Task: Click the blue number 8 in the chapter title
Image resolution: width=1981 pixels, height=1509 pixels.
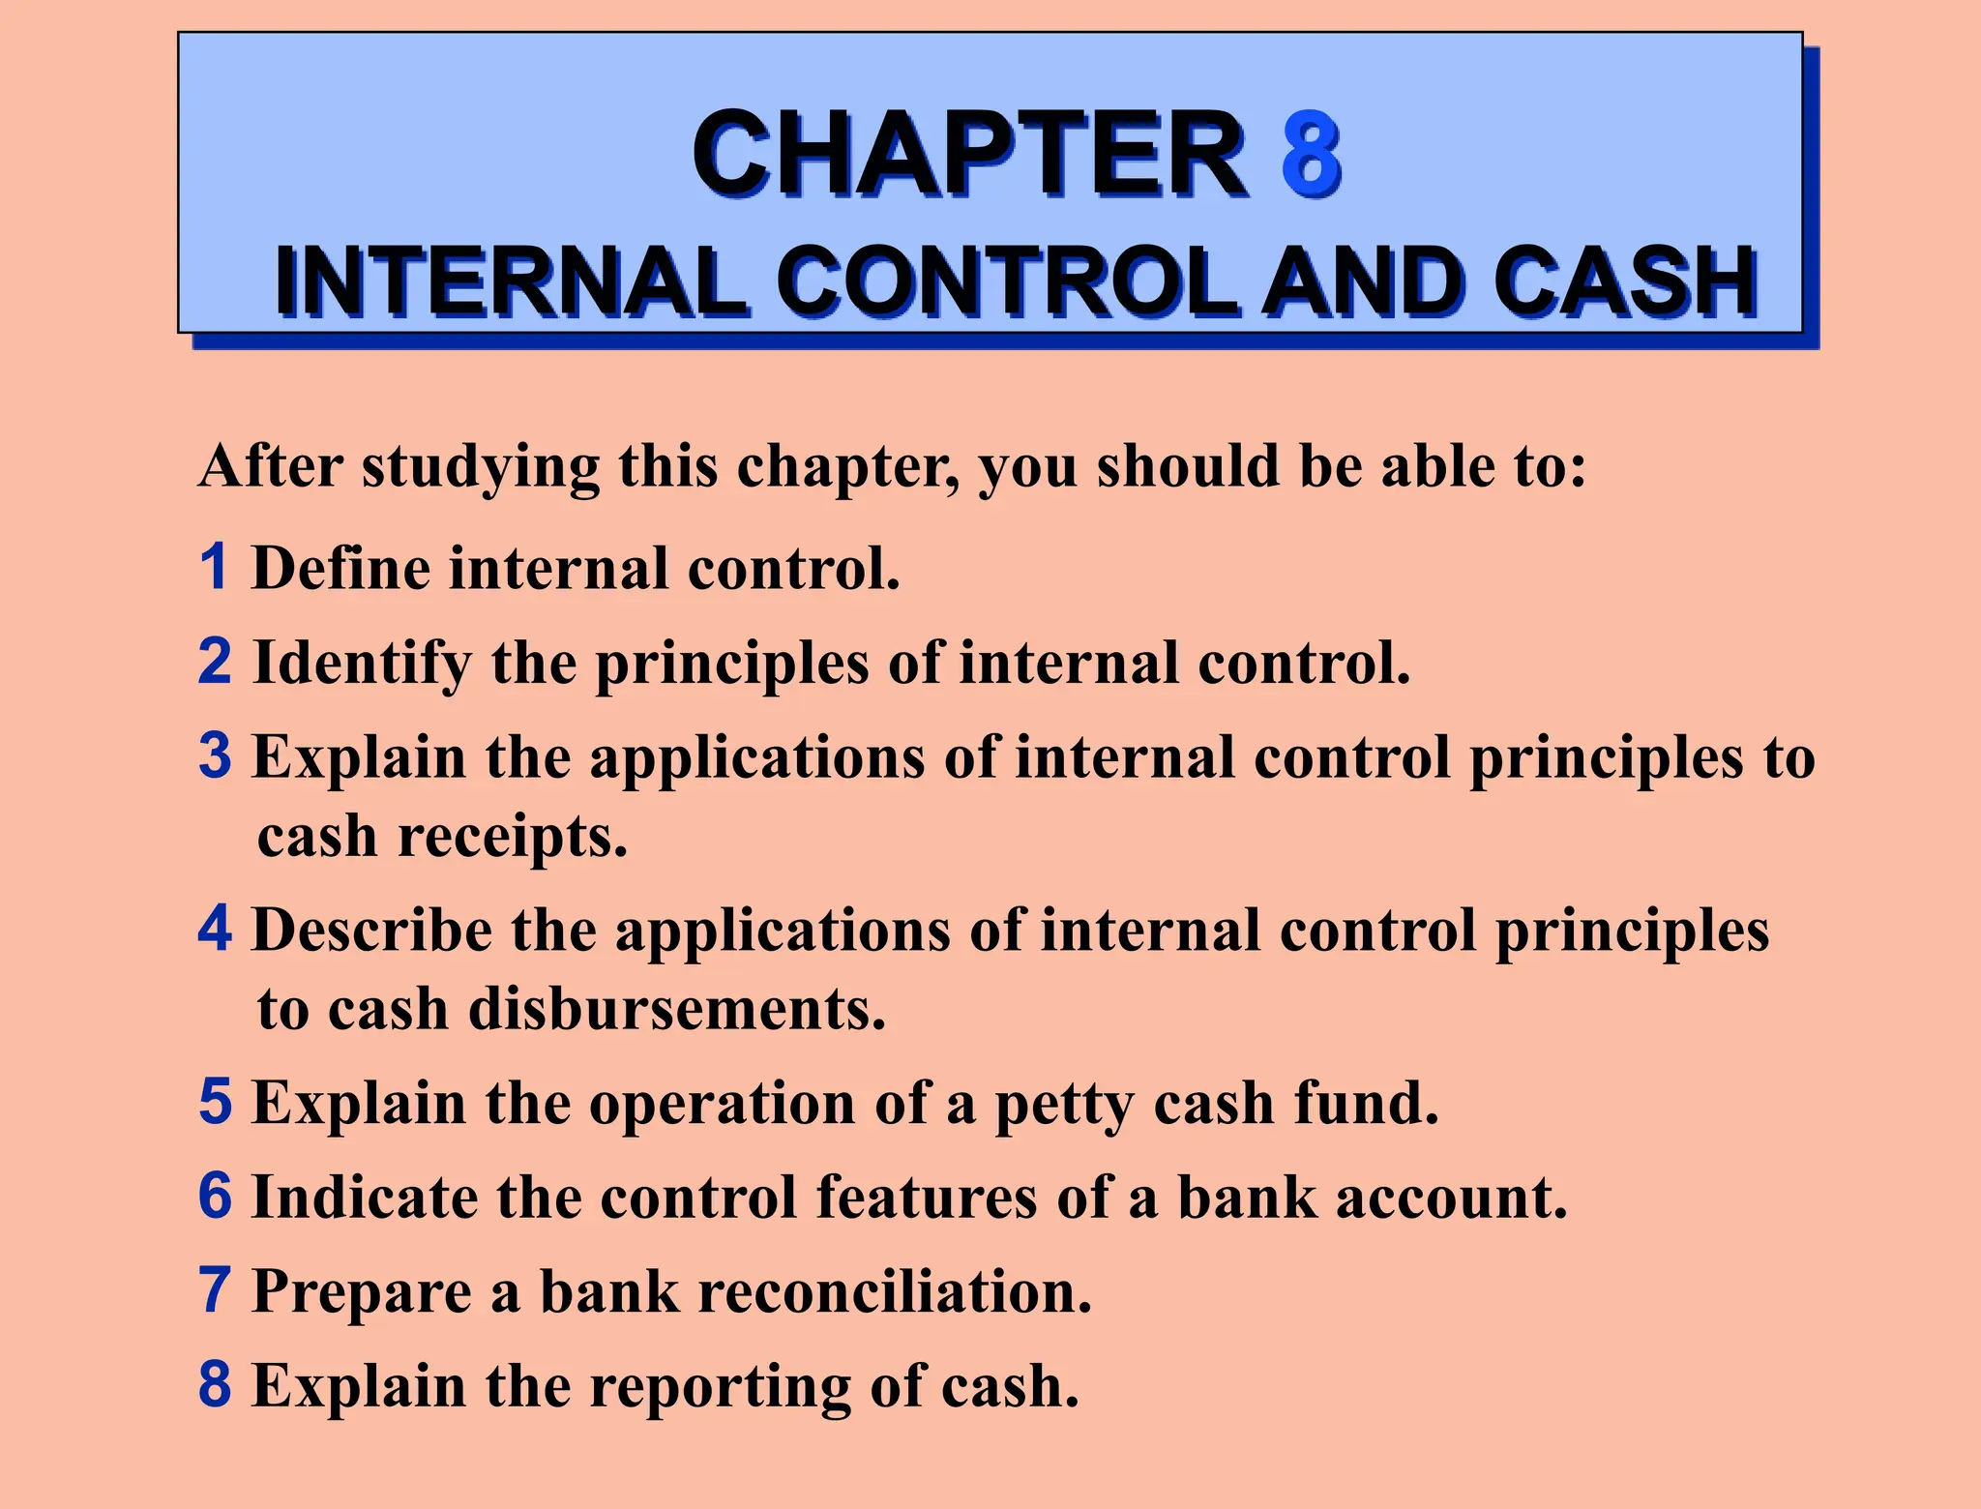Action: tap(1311, 155)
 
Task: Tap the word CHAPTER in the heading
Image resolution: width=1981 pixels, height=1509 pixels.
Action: tap(969, 155)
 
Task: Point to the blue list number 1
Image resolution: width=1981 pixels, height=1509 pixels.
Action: tap(214, 567)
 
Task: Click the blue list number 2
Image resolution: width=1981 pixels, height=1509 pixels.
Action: tap(215, 662)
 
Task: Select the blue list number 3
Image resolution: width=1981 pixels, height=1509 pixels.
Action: tap(215, 755)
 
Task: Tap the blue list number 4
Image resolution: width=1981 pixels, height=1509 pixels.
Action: tap(215, 929)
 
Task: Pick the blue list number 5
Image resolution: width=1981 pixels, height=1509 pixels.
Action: tap(215, 1102)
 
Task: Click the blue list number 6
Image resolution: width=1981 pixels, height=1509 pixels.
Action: tap(215, 1197)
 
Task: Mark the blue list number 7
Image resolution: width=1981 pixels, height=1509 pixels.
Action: tap(215, 1290)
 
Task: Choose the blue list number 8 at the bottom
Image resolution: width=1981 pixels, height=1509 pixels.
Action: tap(215, 1385)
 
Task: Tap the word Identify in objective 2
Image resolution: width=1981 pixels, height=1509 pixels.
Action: tap(363, 664)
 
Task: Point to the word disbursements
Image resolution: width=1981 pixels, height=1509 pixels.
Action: tap(677, 1009)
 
